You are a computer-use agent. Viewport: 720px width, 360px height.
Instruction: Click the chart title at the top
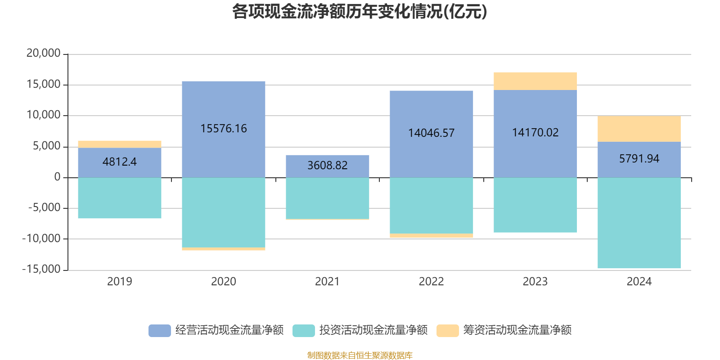click(360, 12)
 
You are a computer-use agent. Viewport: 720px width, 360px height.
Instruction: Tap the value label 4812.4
click(120, 162)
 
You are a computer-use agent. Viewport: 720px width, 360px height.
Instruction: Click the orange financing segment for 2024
click(639, 129)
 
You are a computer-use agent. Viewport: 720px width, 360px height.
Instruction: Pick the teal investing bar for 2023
click(535, 205)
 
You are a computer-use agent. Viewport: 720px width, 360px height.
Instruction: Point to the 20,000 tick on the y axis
click(43, 54)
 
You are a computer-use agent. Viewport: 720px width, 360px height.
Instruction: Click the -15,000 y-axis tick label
click(41, 269)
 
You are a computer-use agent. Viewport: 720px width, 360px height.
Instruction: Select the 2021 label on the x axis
click(327, 282)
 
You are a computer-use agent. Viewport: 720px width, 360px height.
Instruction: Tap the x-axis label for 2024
click(639, 282)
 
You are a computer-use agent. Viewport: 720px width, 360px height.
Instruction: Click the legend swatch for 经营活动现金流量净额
click(160, 331)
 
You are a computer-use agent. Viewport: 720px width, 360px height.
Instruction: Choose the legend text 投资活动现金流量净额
click(373, 330)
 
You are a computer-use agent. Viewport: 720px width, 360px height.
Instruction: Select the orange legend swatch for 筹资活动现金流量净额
click(448, 331)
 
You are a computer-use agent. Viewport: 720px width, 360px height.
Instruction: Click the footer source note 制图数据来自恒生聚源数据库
click(360, 355)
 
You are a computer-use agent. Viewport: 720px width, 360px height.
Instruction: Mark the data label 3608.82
click(328, 166)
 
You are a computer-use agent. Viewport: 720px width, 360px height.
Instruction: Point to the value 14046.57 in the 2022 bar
click(431, 133)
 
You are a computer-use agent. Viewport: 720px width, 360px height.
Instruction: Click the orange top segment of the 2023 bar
click(535, 81)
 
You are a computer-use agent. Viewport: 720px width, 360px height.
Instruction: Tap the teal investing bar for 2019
click(120, 198)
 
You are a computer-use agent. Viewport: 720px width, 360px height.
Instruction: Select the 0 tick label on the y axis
click(57, 177)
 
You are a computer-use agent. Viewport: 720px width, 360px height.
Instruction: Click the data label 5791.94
click(639, 159)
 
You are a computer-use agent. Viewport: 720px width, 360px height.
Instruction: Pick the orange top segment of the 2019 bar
click(120, 144)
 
